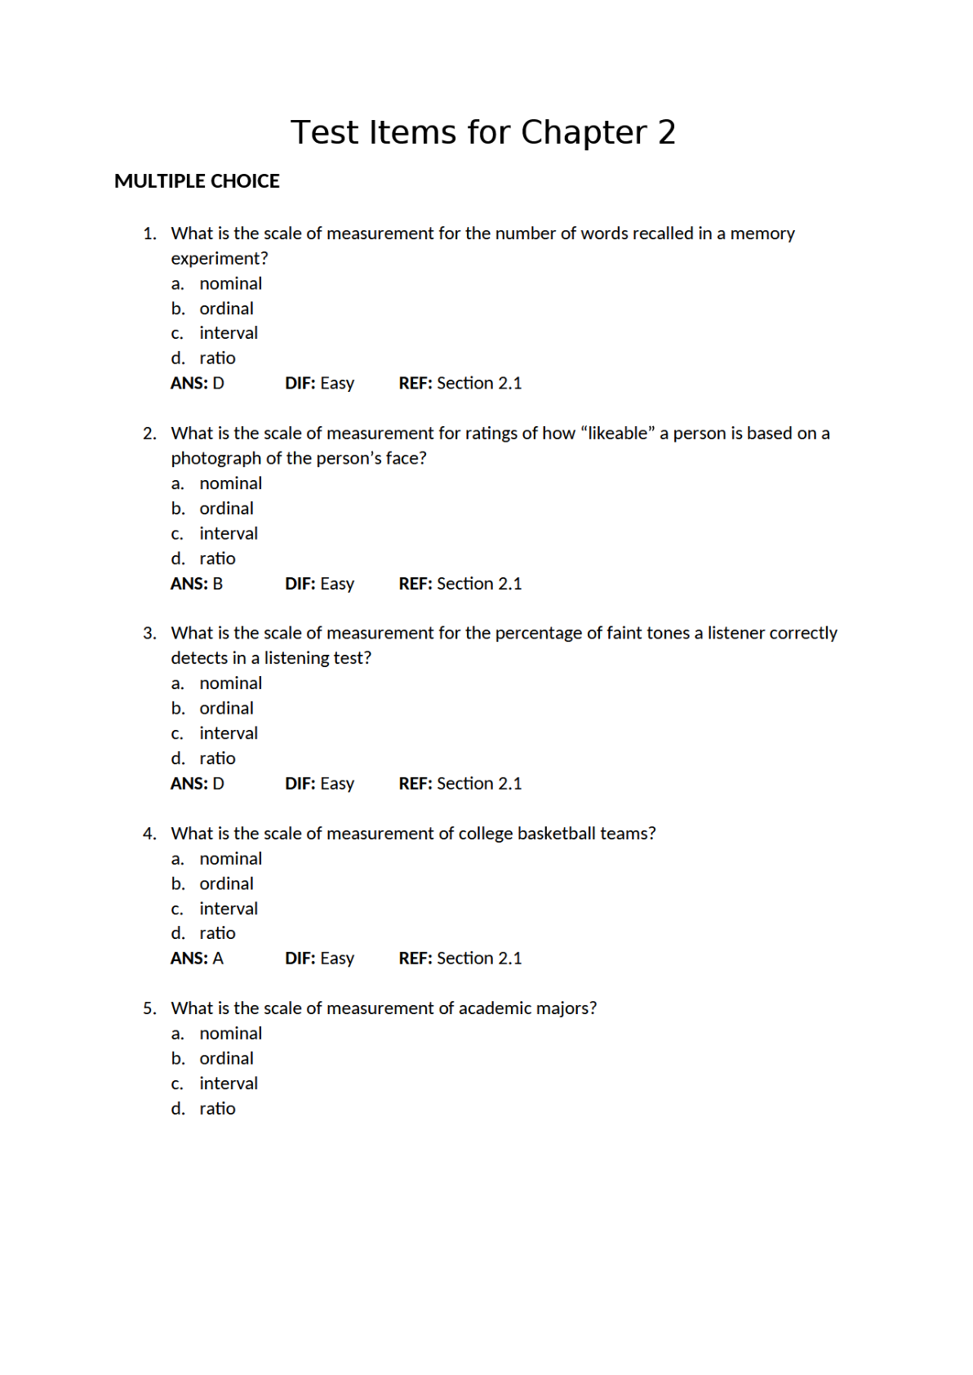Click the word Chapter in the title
pyautogui.click(x=584, y=132)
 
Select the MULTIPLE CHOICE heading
pyautogui.click(x=197, y=181)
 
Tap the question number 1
pyautogui.click(x=149, y=234)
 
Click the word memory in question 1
pyautogui.click(x=762, y=234)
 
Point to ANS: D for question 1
pyautogui.click(x=198, y=383)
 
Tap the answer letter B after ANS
pyautogui.click(x=218, y=584)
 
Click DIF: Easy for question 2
pyautogui.click(x=319, y=584)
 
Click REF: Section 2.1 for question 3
pyautogui.click(x=460, y=784)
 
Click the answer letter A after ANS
pyautogui.click(x=218, y=959)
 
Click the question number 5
pyautogui.click(x=149, y=1009)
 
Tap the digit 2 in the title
pyautogui.click(x=666, y=132)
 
